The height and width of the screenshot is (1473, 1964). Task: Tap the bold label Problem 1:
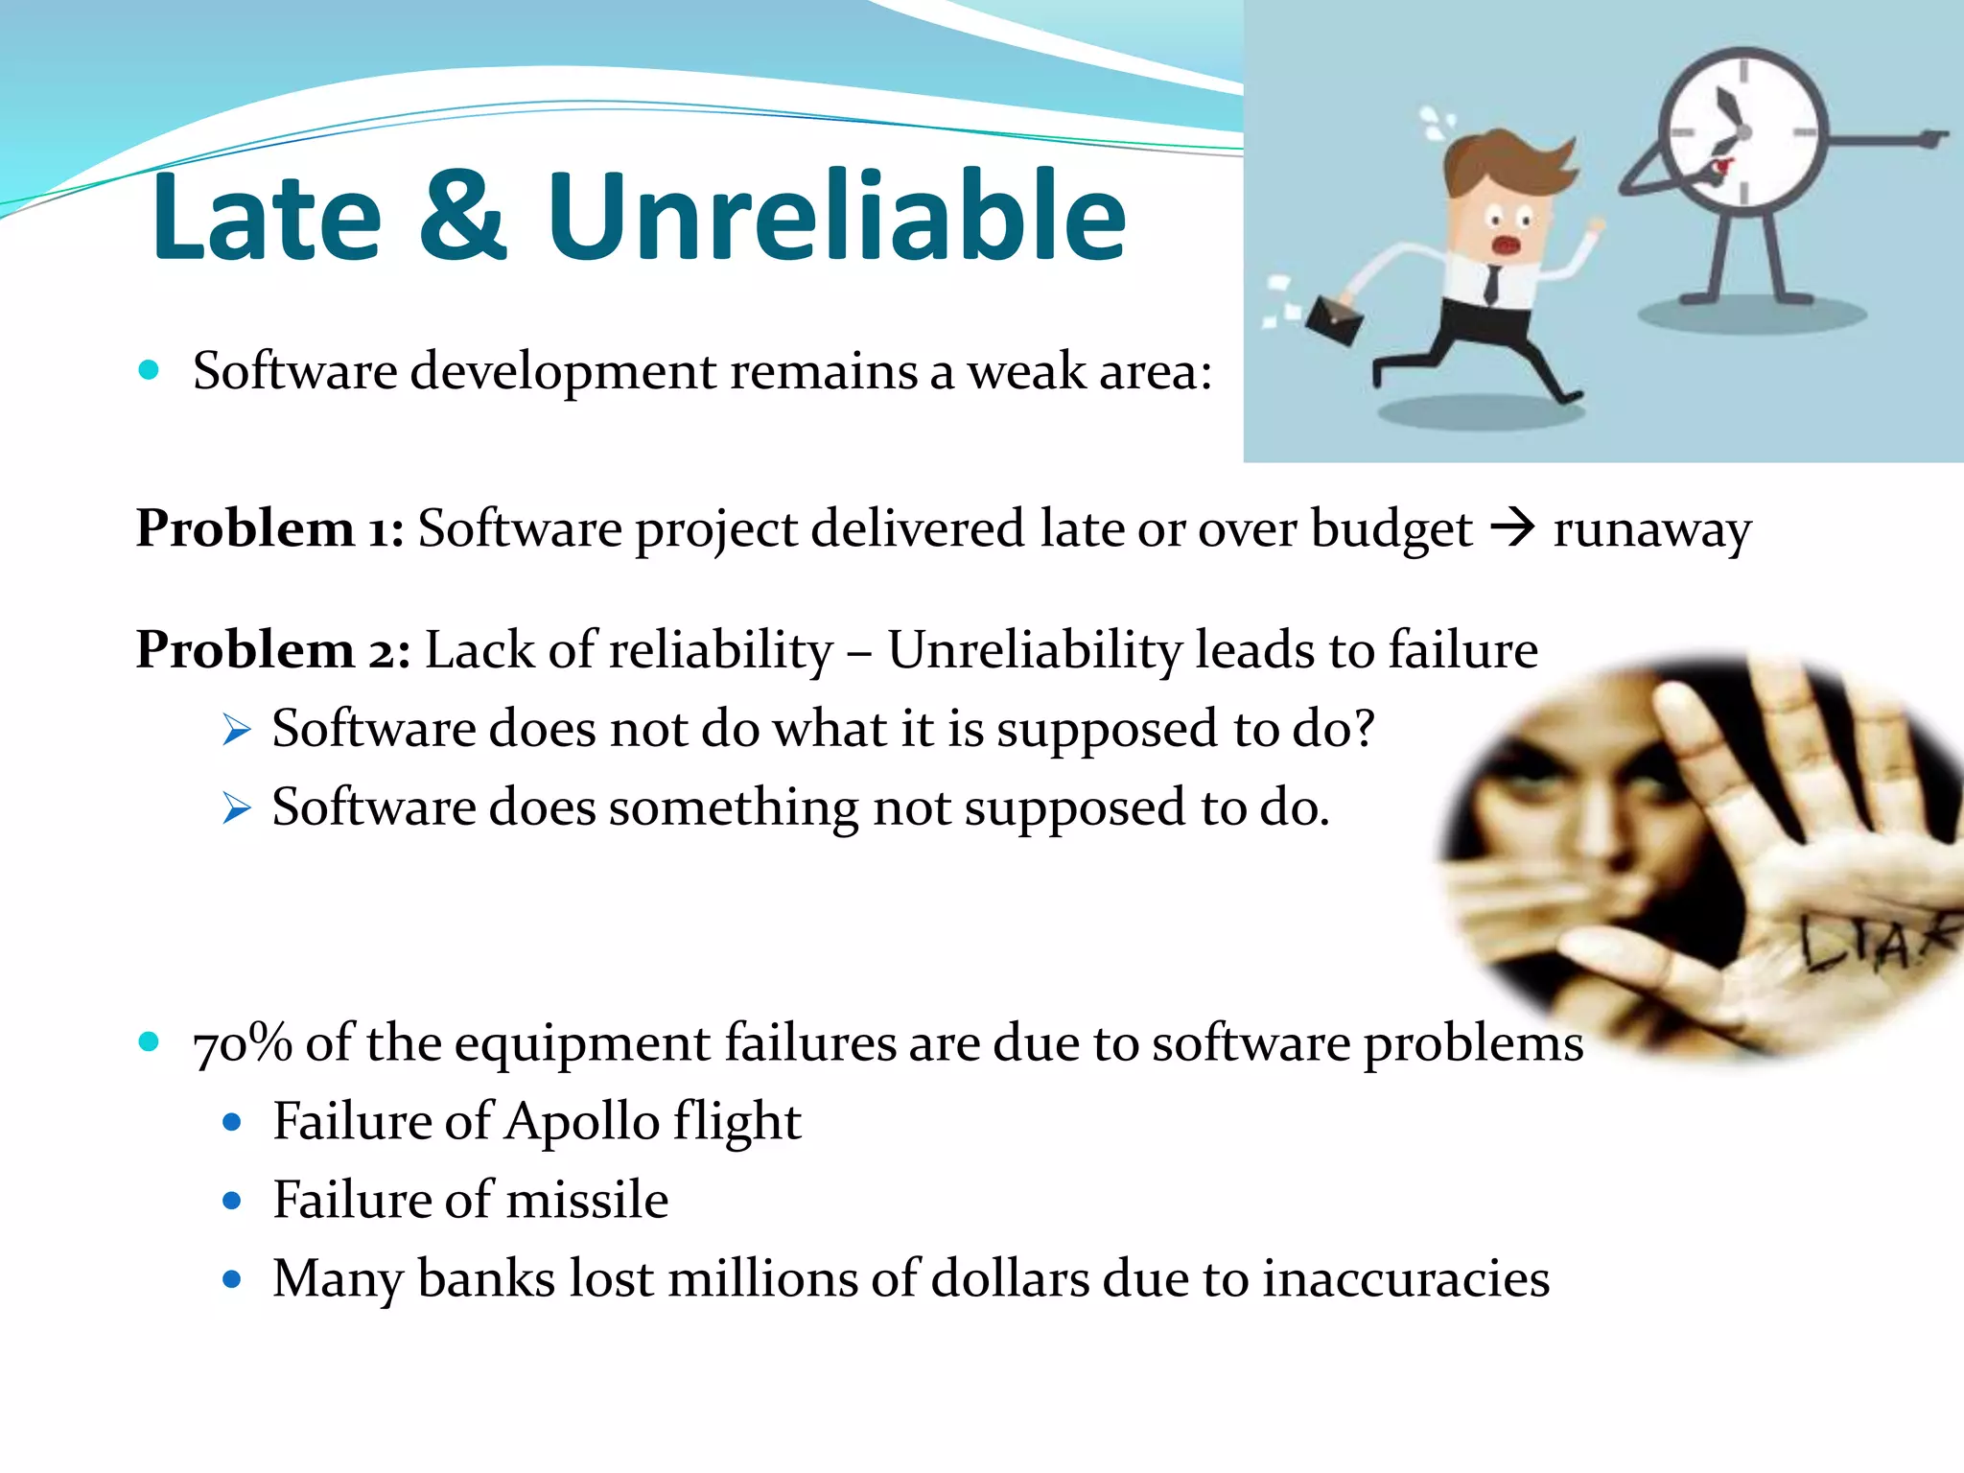pyautogui.click(x=269, y=529)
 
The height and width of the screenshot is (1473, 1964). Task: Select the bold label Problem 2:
pyautogui.click(x=273, y=651)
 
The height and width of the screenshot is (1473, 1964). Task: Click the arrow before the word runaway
pyautogui.click(x=1513, y=527)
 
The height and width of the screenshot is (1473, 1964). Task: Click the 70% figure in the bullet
pyautogui.click(x=242, y=1043)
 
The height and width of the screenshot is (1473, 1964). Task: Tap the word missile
pyautogui.click(x=586, y=1201)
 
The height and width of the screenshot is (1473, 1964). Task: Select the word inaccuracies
pyautogui.click(x=1405, y=1280)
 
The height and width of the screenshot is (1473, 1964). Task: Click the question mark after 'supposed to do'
pyautogui.click(x=1363, y=729)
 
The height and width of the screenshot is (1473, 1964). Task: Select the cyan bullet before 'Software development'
pyautogui.click(x=149, y=370)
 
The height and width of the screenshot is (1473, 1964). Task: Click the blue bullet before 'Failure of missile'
pyautogui.click(x=231, y=1201)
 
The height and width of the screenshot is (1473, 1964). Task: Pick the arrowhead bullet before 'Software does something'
pyautogui.click(x=236, y=808)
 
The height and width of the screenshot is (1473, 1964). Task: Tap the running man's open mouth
pyautogui.click(x=1507, y=245)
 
